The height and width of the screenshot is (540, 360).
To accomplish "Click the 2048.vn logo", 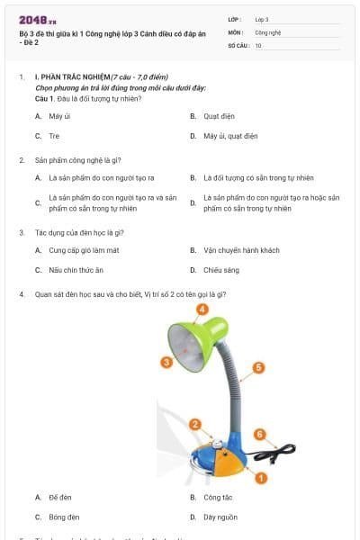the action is (37, 20).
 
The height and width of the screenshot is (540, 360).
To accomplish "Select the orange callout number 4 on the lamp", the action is (202, 309).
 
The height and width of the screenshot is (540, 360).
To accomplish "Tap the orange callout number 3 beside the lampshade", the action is (166, 362).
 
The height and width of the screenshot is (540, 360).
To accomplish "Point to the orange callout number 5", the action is (258, 367).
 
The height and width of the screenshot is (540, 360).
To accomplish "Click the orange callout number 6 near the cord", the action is (260, 434).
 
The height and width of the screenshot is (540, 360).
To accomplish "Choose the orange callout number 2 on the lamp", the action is (194, 424).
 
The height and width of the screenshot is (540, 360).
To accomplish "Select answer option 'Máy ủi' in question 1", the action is (61, 117).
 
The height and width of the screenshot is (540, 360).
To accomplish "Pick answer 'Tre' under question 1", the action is (54, 136).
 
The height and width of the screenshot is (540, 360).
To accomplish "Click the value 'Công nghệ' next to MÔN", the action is (268, 31).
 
